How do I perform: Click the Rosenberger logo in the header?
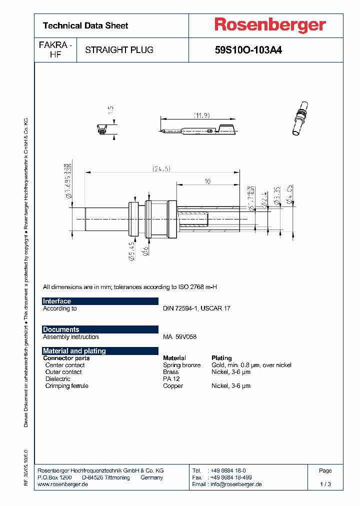coord(270,25)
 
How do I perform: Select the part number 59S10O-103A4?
coord(248,50)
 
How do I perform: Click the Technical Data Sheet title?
coord(85,25)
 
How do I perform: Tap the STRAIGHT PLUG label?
coord(119,50)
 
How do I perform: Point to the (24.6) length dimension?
coord(161,169)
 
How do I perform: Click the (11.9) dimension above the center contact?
coord(201,115)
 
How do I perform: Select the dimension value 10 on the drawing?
coord(207,182)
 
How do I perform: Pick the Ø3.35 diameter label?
coord(277,193)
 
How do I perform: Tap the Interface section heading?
coord(57,301)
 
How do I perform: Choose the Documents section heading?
coord(61,329)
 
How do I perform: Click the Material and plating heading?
coord(74,351)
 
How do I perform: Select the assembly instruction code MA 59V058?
coord(179,337)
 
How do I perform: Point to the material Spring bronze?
coord(181,365)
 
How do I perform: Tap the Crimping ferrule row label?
coord(66,386)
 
